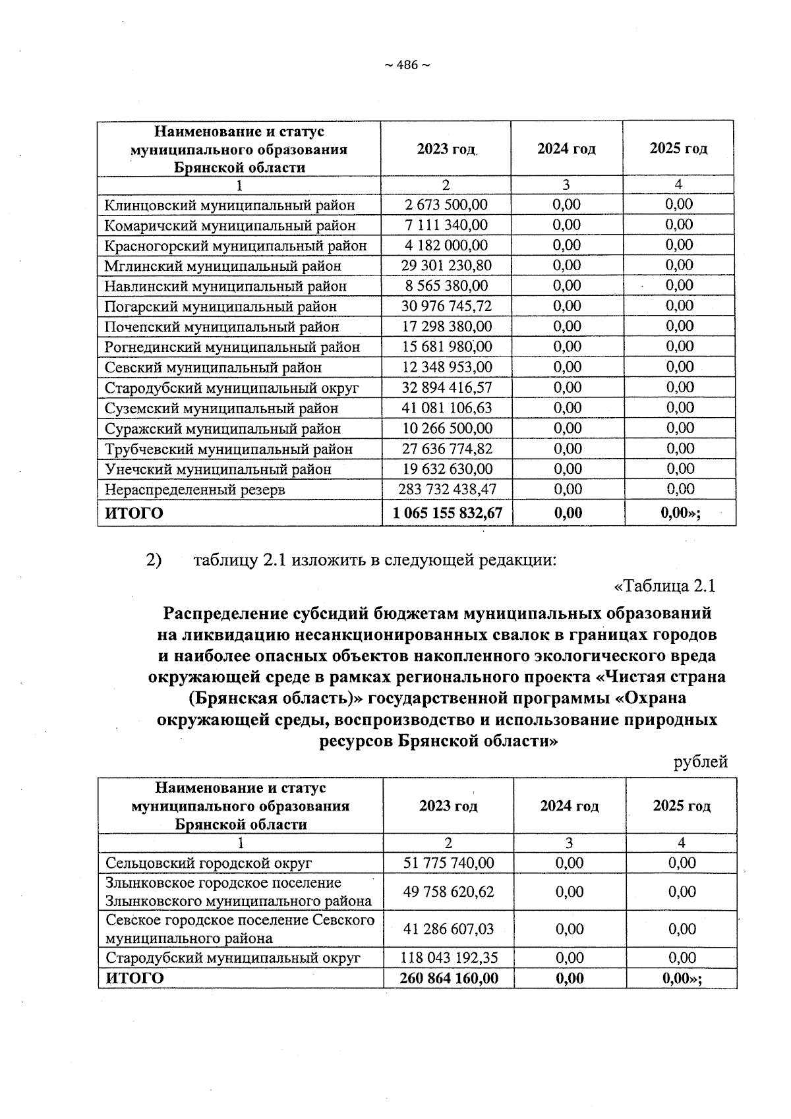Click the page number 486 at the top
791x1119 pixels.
point(407,65)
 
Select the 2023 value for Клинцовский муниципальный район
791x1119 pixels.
point(446,205)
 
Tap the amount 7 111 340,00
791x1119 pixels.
point(446,225)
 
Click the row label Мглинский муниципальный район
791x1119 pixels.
point(223,266)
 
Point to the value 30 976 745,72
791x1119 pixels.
point(446,306)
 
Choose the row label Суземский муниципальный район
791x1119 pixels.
point(221,409)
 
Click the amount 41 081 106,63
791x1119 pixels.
point(446,409)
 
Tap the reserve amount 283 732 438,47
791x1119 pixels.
point(446,490)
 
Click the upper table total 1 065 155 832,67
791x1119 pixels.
point(448,513)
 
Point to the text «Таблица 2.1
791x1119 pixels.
point(664,586)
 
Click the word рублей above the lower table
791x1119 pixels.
point(700,762)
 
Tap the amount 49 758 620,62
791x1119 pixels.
point(448,892)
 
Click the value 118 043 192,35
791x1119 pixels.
point(448,958)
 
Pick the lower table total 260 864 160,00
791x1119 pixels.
point(448,979)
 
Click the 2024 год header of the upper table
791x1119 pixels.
point(566,149)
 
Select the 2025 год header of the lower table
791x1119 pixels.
point(681,806)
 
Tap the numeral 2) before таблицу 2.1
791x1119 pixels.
point(153,561)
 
